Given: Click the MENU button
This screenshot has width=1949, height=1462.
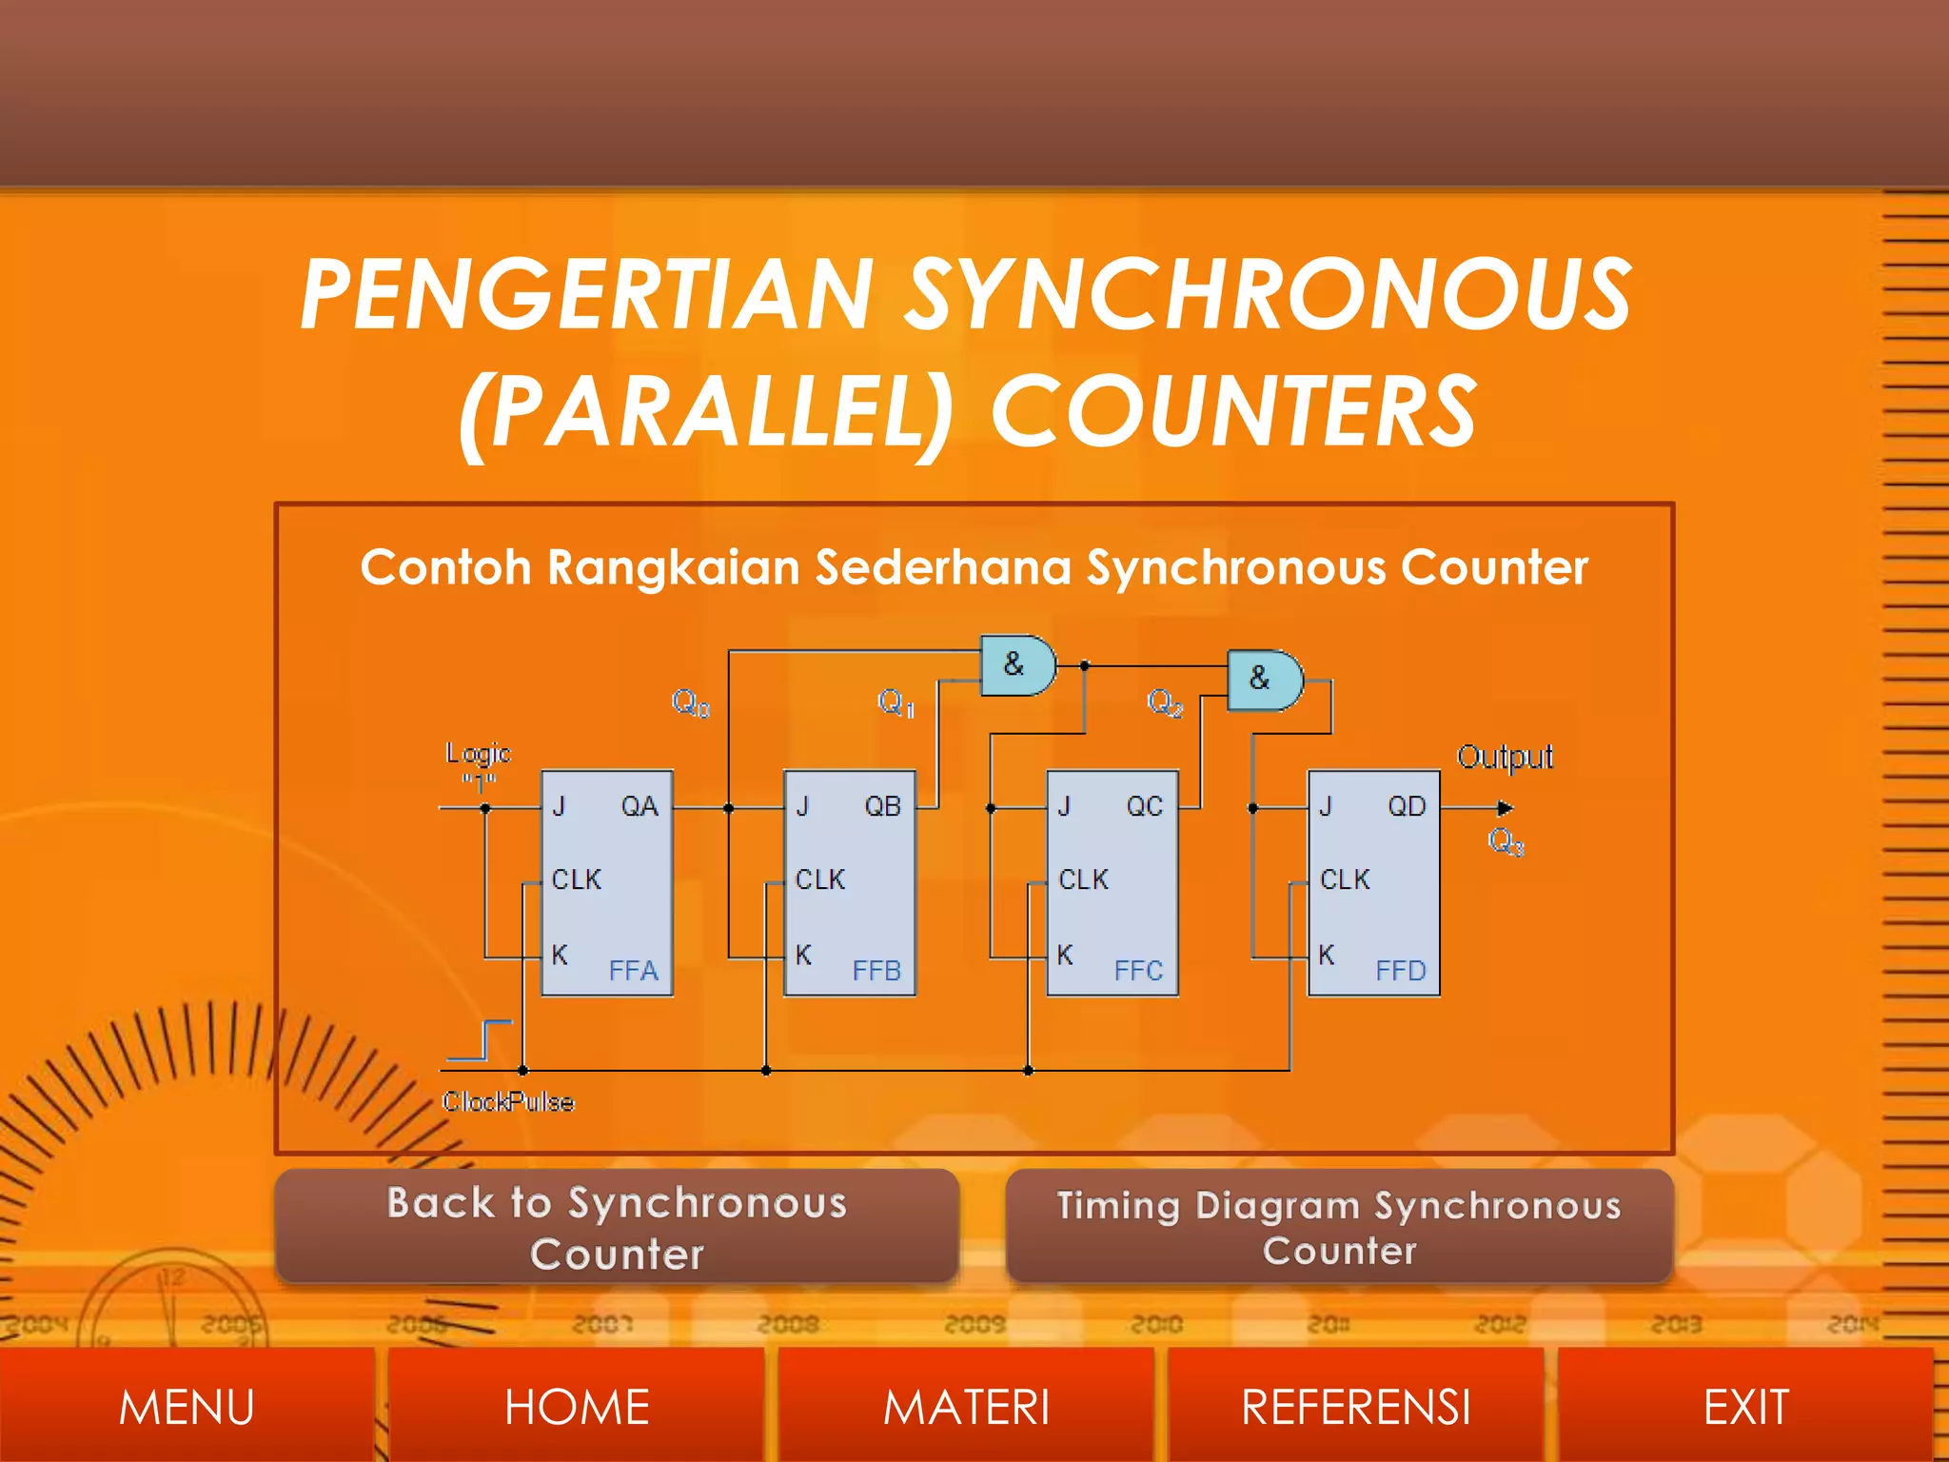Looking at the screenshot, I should tap(187, 1407).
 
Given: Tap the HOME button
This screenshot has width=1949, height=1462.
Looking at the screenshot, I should tap(577, 1407).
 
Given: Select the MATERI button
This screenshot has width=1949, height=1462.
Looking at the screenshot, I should tap(966, 1407).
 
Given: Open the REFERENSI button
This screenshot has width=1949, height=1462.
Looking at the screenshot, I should tap(1355, 1407).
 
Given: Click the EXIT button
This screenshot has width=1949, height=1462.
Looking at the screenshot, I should tap(1745, 1407).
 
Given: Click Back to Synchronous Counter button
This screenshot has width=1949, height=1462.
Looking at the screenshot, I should tap(617, 1228).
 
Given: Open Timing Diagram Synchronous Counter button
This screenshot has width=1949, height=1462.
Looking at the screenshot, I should tap(1339, 1228).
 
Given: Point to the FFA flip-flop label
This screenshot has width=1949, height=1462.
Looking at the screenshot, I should tap(633, 971).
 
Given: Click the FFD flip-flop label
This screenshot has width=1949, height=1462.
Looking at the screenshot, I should tap(1400, 971).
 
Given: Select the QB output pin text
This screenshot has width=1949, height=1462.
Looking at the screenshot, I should tap(882, 807).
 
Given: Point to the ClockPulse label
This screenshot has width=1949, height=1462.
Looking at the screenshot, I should tap(508, 1102).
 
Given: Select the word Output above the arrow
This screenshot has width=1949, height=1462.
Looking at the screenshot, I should tap(1505, 758).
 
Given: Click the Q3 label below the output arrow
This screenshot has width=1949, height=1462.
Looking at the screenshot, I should tap(1506, 841).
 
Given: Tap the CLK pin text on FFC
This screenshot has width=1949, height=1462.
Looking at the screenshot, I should tap(1083, 879).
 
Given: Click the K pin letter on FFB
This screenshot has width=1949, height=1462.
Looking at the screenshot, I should tap(803, 955).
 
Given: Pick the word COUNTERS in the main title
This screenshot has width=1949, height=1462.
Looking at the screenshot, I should tap(1234, 411).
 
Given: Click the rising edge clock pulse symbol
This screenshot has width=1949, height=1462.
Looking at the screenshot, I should tap(482, 1039).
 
